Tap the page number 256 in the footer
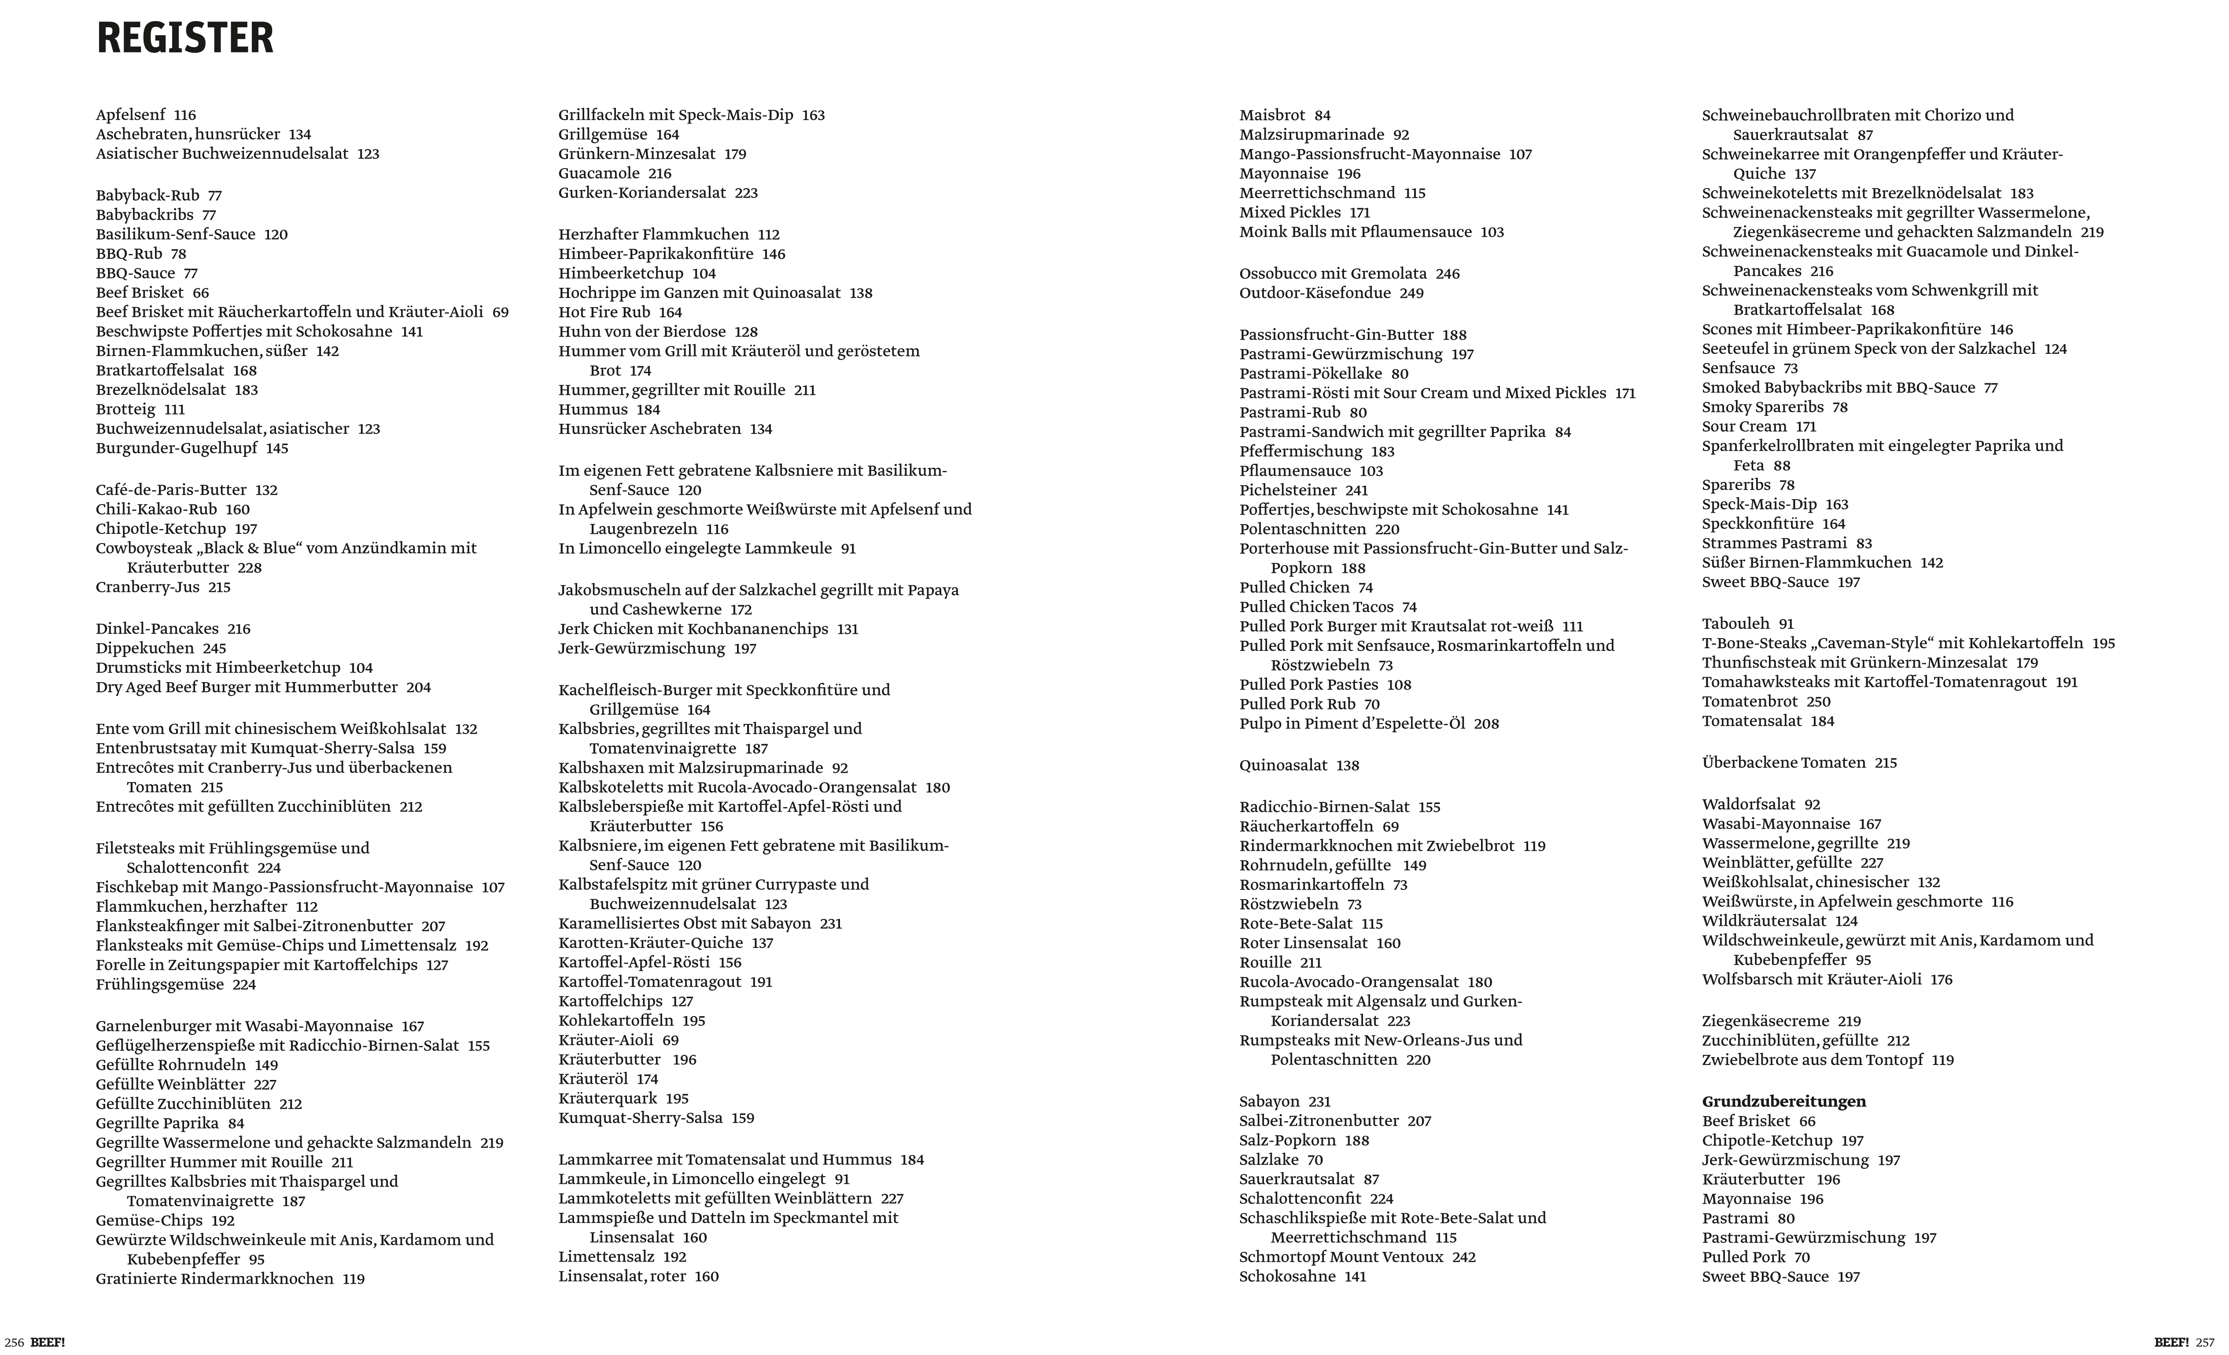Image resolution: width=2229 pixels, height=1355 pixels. [x=14, y=1342]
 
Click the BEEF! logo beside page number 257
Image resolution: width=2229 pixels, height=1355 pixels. [x=2171, y=1342]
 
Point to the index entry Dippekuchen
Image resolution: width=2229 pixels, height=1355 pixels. [x=145, y=648]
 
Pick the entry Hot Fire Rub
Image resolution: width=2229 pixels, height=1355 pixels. [x=604, y=312]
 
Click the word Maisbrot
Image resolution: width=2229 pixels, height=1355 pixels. [x=1272, y=115]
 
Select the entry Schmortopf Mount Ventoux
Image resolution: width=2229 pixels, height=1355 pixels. [x=1341, y=1256]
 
